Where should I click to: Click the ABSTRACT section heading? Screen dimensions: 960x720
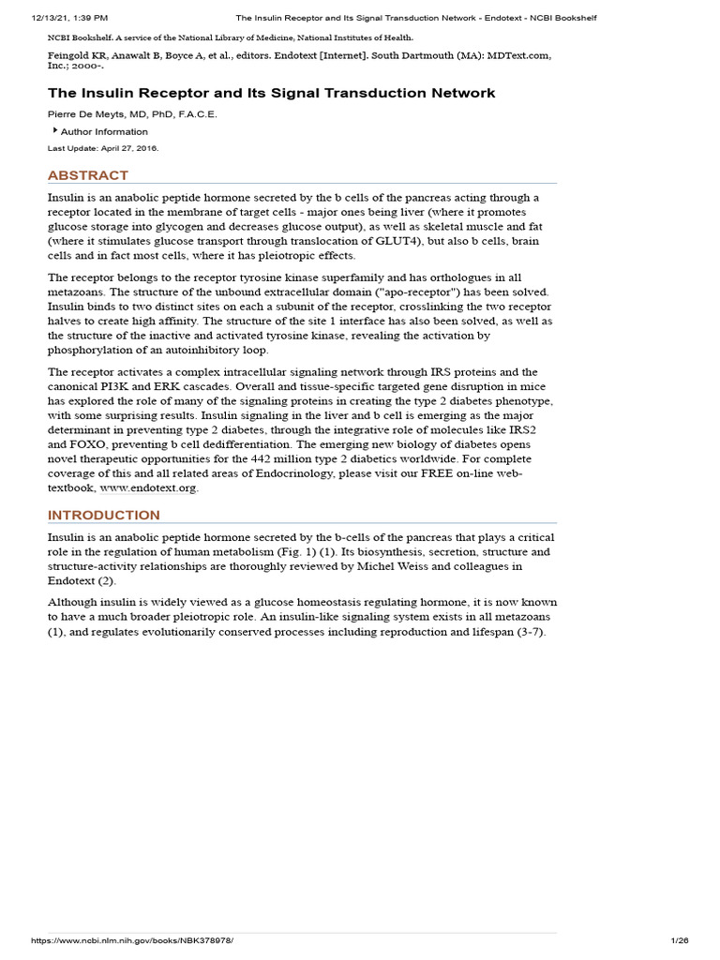coord(88,175)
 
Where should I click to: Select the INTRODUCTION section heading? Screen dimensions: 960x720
coord(104,516)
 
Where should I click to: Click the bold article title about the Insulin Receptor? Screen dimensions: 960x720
coord(272,93)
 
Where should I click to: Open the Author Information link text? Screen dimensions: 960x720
coord(104,132)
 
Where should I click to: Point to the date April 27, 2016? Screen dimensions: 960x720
coord(131,148)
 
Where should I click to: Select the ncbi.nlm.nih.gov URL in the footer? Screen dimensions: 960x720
coord(132,940)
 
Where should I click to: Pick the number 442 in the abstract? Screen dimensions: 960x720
coord(264,459)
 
